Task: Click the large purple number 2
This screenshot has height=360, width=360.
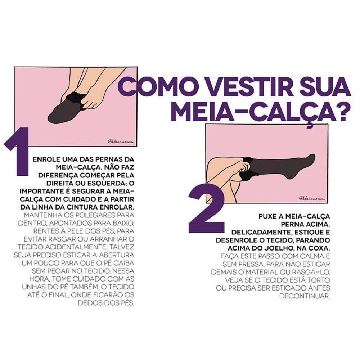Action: point(206,209)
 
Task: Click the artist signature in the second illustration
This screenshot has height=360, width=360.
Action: point(312,198)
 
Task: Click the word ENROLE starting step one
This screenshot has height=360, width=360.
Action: point(45,159)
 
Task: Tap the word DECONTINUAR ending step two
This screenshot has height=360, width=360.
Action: point(305,296)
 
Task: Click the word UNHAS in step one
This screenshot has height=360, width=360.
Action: point(33,287)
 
